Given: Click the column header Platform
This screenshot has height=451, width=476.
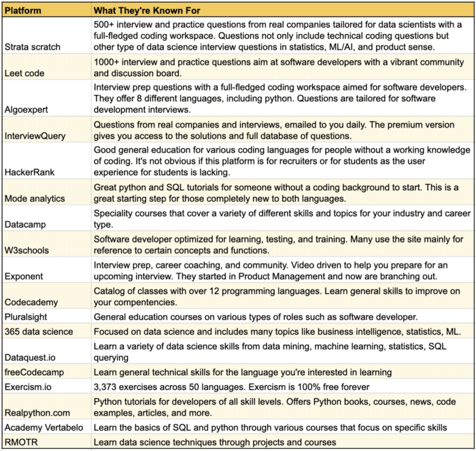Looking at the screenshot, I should (23, 11).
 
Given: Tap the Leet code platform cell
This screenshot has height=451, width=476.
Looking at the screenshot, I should (26, 72).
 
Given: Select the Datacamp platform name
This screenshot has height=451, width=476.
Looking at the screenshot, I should (27, 223).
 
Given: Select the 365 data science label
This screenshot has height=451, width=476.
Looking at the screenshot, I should (38, 331).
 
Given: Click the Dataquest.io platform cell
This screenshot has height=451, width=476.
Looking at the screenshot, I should (31, 357).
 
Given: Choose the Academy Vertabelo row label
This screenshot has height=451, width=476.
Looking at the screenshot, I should (45, 427).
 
